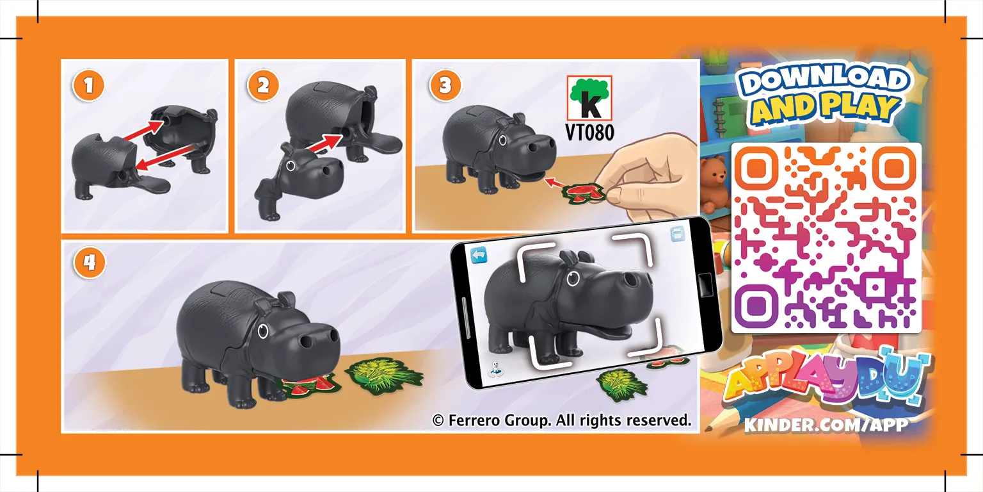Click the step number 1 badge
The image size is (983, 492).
pos(88,86)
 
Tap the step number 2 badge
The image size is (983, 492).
pos(263,86)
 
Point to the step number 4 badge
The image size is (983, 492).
pos(90,263)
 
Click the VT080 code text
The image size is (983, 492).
pos(590,132)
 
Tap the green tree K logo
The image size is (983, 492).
pos(589,98)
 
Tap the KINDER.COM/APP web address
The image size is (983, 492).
pos(826,425)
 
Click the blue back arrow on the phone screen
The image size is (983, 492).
pos(478,255)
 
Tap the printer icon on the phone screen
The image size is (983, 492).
pos(678,233)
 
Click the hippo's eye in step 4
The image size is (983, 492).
pos(263,332)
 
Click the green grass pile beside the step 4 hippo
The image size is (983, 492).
pos(383,376)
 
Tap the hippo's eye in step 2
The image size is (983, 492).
pos(291,166)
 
